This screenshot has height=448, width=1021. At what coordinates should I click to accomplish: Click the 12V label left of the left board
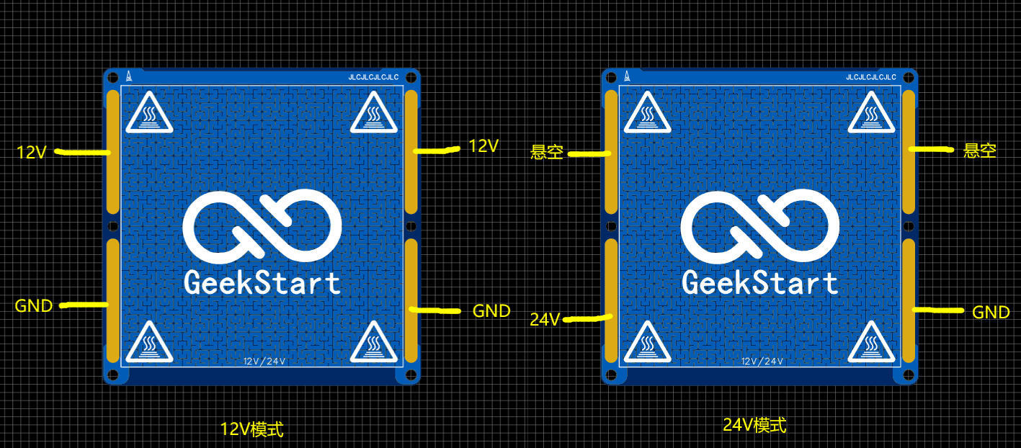click(32, 152)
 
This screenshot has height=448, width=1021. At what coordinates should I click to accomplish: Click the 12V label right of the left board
click(483, 145)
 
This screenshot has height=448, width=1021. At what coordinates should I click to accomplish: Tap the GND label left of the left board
click(34, 305)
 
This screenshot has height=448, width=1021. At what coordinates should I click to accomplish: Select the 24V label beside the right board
click(545, 319)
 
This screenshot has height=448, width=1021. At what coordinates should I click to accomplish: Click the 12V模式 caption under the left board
click(251, 430)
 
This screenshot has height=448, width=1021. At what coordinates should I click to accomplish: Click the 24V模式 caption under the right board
click(754, 426)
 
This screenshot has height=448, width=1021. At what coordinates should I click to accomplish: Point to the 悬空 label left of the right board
click(547, 152)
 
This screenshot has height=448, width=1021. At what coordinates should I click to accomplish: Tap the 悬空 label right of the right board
click(980, 151)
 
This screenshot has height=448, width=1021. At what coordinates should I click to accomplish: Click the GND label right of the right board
click(991, 313)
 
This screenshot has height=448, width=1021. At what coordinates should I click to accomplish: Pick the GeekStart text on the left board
click(262, 282)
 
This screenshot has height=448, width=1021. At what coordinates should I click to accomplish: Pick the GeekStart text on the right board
click(760, 282)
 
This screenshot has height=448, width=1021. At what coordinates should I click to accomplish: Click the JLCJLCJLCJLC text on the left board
click(373, 76)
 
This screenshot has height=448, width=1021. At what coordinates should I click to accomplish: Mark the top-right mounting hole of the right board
click(909, 77)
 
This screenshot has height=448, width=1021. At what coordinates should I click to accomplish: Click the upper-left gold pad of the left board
click(113, 153)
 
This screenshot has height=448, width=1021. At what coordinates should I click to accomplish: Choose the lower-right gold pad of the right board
click(909, 301)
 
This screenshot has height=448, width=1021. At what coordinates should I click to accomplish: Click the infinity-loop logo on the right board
click(760, 227)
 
